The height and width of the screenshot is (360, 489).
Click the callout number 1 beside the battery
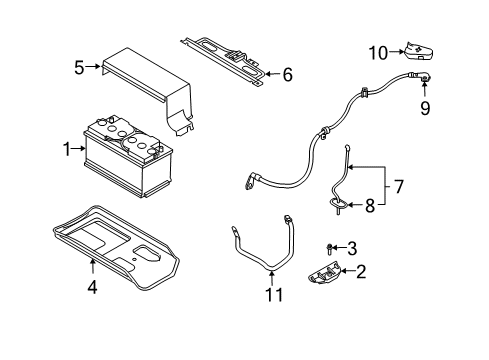[67, 149]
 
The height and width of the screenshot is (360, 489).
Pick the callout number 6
[288, 74]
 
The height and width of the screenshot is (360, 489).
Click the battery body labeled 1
[130, 160]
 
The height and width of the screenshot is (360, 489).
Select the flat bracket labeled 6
[225, 57]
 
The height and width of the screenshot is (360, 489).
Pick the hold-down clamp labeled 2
[331, 273]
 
